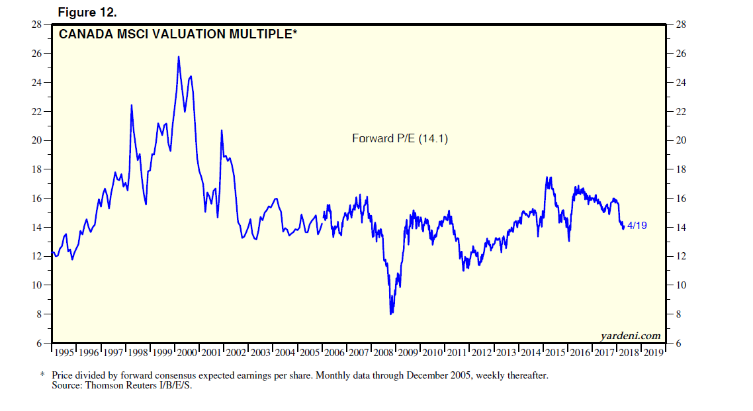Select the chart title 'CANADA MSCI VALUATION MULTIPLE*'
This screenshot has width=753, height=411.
tap(178, 34)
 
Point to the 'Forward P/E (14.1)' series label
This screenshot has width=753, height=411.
tap(400, 139)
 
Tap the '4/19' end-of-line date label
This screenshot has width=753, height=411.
tap(637, 226)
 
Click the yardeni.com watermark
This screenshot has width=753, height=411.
tap(631, 336)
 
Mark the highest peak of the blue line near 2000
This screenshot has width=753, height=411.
tap(179, 57)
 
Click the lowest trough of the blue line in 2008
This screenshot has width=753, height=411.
tap(391, 313)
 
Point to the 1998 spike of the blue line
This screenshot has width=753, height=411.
tap(131, 105)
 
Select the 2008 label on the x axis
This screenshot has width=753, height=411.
tap(384, 352)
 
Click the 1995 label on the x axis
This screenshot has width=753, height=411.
tap(64, 352)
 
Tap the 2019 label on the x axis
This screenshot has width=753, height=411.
tap(654, 352)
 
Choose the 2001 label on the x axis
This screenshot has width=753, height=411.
tap(212, 352)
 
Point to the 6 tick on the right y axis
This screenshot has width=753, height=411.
tap(680, 343)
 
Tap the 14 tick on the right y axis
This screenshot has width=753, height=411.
tap(680, 228)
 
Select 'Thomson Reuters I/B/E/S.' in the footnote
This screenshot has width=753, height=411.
tap(139, 386)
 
